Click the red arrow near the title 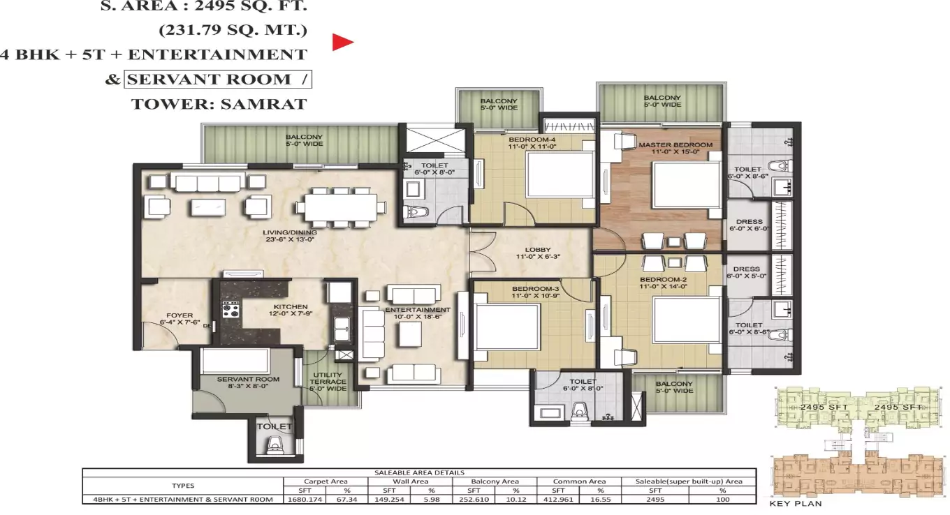point(342,43)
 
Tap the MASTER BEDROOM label point(675,145)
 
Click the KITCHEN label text point(291,307)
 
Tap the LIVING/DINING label point(291,232)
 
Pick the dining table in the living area point(340,207)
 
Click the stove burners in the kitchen point(231,308)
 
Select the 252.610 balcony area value point(473,499)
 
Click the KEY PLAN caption point(796,503)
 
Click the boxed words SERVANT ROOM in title point(218,79)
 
